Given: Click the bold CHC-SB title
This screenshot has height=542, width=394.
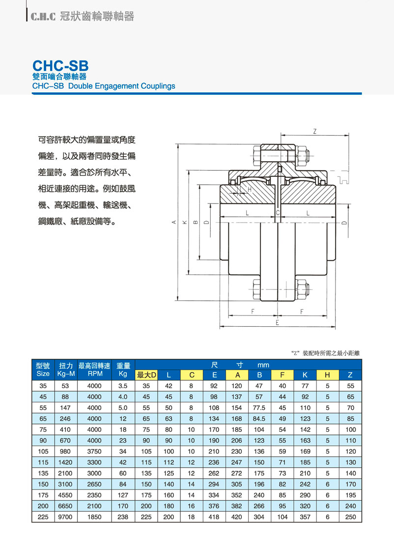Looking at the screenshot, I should pyautogui.click(x=60, y=66).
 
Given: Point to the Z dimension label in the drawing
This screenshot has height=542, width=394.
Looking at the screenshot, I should pyautogui.click(x=314, y=131).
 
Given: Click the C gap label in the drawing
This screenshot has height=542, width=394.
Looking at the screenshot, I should pyautogui.click(x=278, y=213).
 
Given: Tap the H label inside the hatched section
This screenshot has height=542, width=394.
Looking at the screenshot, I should pyautogui.click(x=250, y=189).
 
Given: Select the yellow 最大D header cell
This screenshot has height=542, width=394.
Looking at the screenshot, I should pyautogui.click(x=146, y=375).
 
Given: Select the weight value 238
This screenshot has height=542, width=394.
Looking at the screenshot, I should pyautogui.click(x=123, y=517).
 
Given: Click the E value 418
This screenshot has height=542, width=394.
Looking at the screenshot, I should pyautogui.click(x=215, y=517).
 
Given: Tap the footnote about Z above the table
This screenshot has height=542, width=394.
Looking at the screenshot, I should pyautogui.click(x=326, y=353).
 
